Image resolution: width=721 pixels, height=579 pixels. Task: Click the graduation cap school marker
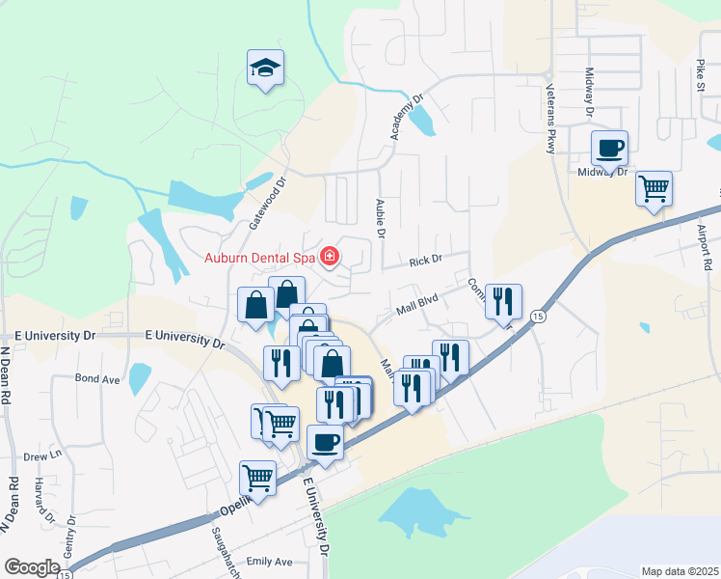click(265, 69)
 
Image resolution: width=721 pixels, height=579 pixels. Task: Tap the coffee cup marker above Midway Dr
click(609, 150)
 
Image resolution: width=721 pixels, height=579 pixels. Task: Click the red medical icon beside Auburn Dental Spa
click(331, 256)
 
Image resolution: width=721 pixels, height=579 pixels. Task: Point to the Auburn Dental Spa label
click(261, 257)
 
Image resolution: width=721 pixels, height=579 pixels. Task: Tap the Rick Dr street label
click(424, 260)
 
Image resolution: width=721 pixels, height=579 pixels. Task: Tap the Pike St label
click(700, 73)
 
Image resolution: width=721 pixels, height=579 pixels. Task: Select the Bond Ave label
click(97, 379)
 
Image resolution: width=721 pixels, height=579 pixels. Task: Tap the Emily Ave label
click(269, 562)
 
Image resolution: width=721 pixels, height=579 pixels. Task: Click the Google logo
click(32, 567)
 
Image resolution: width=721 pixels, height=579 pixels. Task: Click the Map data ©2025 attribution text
click(681, 571)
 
